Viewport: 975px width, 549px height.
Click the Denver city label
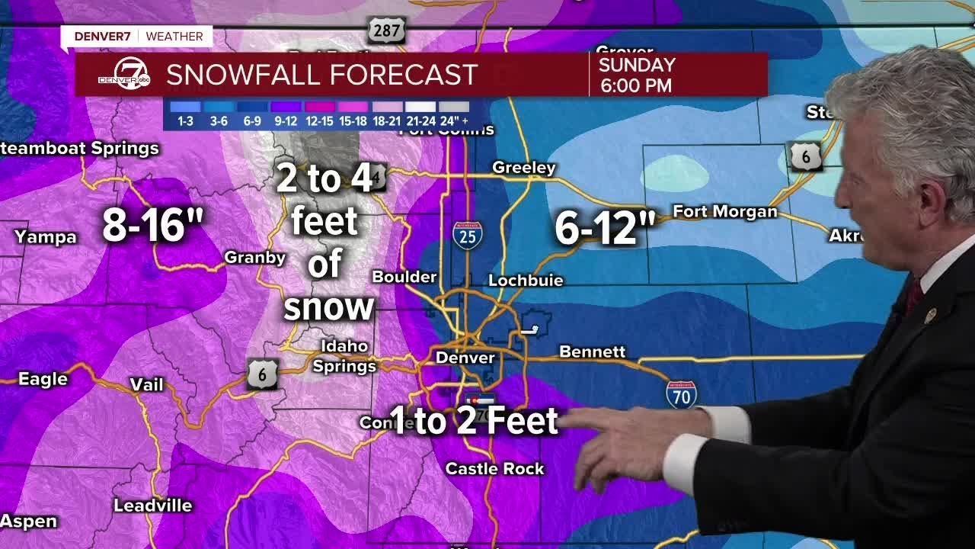pyautogui.click(x=465, y=358)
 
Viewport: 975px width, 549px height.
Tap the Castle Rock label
pyautogui.click(x=494, y=469)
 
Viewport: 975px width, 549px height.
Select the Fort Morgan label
pyautogui.click(x=724, y=212)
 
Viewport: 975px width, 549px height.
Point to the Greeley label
pyautogui.click(x=524, y=168)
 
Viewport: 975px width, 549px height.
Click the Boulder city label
pyautogui.click(x=404, y=277)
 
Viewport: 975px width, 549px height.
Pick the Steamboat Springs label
pyautogui.click(x=79, y=149)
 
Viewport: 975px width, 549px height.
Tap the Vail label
pyautogui.click(x=146, y=385)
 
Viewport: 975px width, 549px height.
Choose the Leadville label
pyautogui.click(x=152, y=506)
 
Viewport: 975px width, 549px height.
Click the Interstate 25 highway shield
pyautogui.click(x=467, y=236)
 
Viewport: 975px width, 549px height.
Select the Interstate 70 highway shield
pyautogui.click(x=681, y=394)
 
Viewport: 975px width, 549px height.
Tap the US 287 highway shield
pyautogui.click(x=386, y=30)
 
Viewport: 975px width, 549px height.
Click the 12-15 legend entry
pyautogui.click(x=320, y=114)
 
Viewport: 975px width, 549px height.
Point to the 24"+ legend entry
pyautogui.click(x=454, y=114)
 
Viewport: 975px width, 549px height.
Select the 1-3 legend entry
pyautogui.click(x=185, y=114)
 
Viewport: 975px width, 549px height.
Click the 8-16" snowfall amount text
pyautogui.click(x=152, y=226)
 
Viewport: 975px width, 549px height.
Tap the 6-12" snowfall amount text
pyautogui.click(x=605, y=229)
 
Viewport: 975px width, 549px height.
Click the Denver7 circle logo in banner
pyautogui.click(x=124, y=75)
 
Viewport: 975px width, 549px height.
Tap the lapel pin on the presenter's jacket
pyautogui.click(x=929, y=314)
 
